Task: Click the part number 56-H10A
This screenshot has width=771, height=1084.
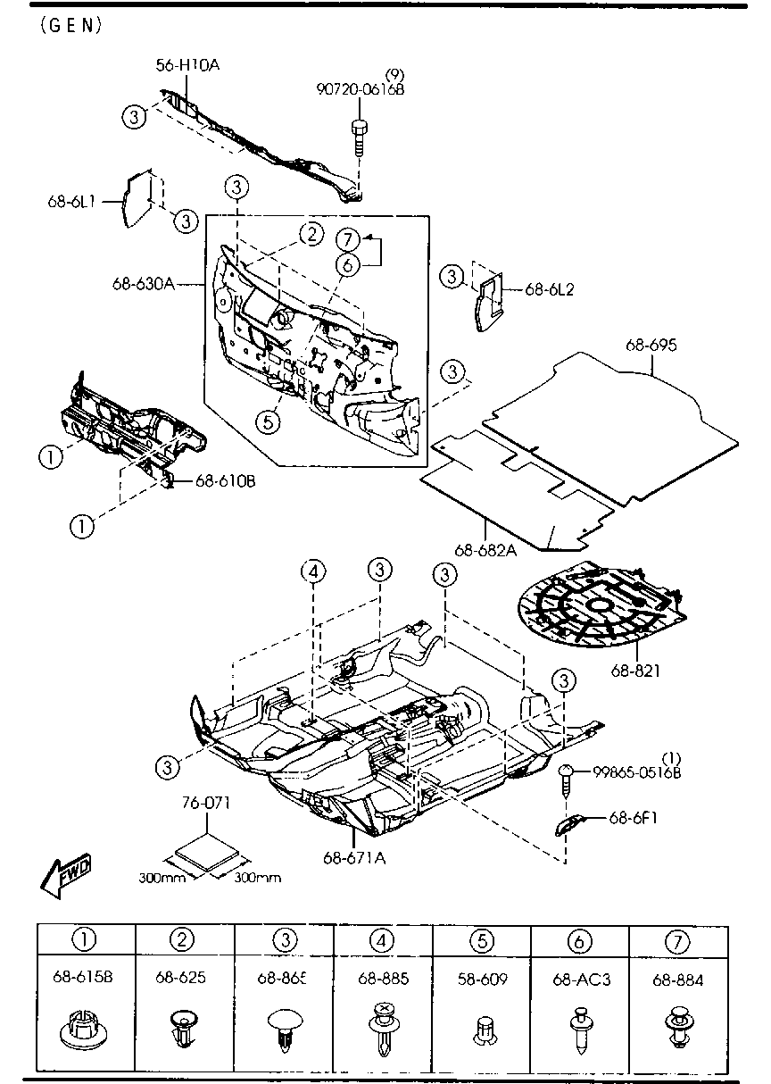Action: pos(187,64)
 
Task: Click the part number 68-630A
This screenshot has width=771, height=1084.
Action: pos(143,284)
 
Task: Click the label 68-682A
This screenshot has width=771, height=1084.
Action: pos(485,550)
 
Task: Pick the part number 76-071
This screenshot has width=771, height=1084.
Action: pos(207,803)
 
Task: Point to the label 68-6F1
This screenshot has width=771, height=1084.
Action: pos(634,816)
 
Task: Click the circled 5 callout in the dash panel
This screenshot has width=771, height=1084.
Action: pos(270,420)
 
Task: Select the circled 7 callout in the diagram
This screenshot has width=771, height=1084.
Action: pos(348,239)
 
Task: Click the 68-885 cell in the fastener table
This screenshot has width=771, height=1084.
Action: pos(384,979)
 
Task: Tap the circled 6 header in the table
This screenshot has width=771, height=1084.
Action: pos(580,939)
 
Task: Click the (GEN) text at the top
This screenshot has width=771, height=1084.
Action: pos(71,25)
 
